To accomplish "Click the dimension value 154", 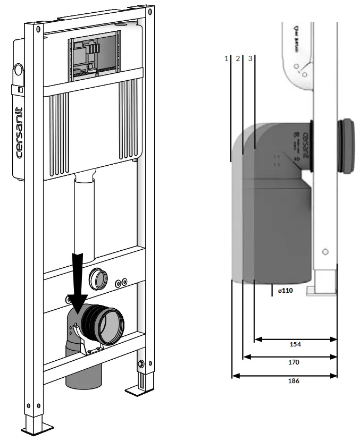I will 295,344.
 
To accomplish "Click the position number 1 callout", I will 226,58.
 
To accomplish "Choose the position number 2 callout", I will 237,58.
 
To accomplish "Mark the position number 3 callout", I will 249,58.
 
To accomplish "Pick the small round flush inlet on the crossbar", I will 98,277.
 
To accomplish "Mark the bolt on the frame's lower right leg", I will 141,363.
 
